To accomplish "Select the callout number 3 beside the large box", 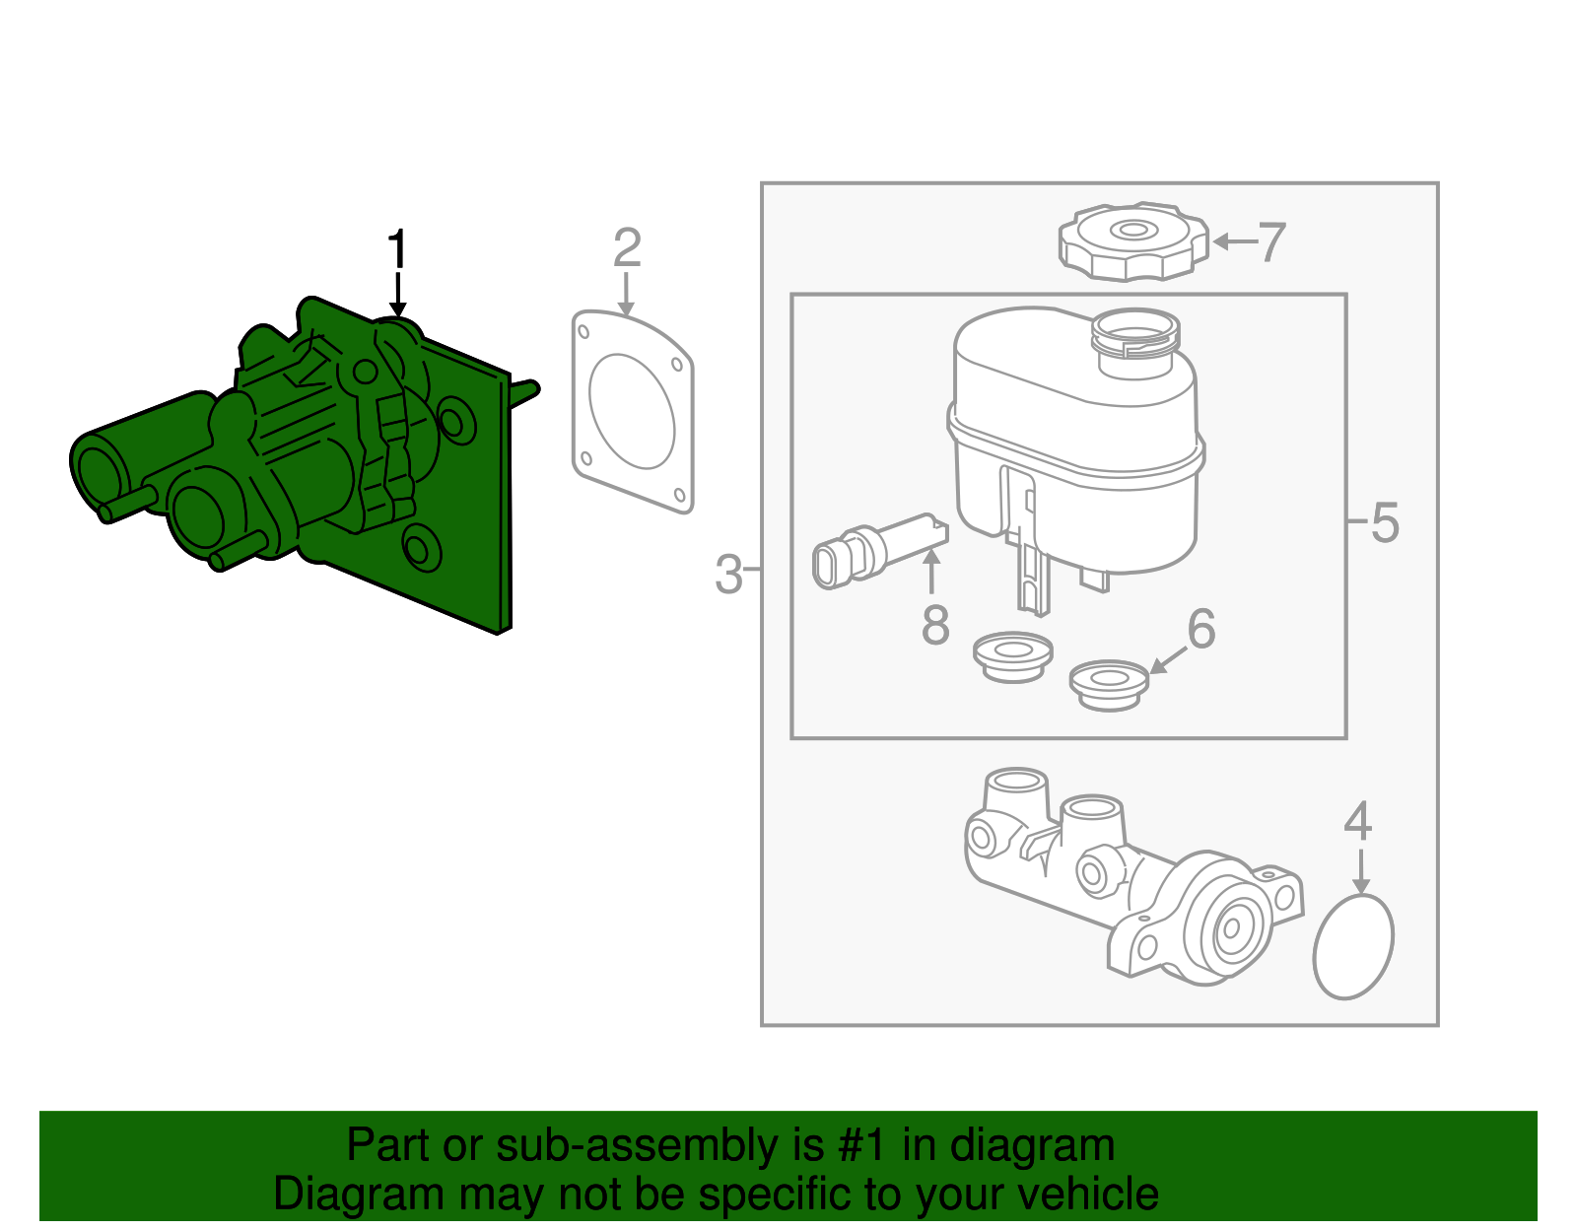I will tap(728, 575).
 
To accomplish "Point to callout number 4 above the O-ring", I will tap(1357, 821).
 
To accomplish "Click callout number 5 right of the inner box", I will tap(1385, 522).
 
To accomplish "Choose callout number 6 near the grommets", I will tap(1201, 628).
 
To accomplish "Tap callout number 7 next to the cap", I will tap(1271, 242).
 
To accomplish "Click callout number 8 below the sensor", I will tap(935, 625).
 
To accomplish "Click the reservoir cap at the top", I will tap(1133, 241).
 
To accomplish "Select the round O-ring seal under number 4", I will tap(1353, 946).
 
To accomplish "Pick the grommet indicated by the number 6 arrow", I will tap(1109, 684).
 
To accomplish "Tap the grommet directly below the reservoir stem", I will tap(1012, 655).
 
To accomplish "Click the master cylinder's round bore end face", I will tap(1230, 928).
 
